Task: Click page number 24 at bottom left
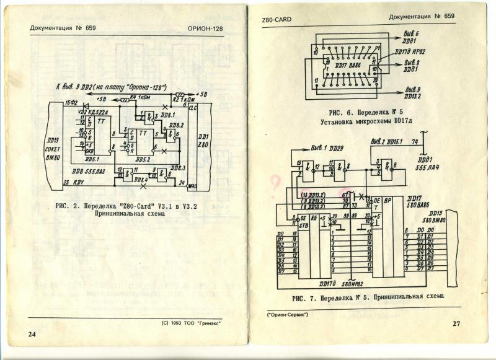click(x=32, y=334)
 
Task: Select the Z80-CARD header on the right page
click(x=277, y=20)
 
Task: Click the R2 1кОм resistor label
click(x=184, y=99)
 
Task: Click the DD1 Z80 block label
click(x=203, y=140)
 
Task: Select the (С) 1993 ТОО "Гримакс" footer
click(x=190, y=323)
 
